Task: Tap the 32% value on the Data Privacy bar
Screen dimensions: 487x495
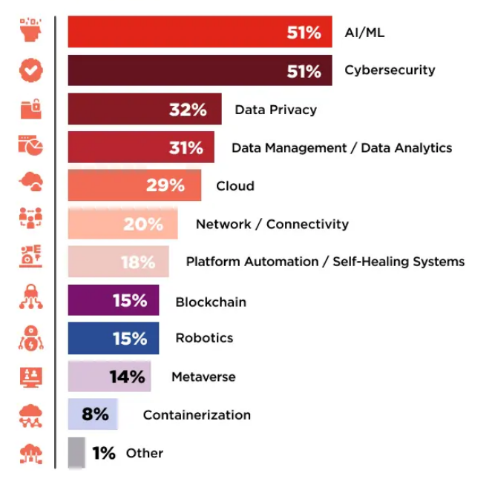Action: coord(188,110)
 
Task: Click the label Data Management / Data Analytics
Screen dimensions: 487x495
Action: coord(341,148)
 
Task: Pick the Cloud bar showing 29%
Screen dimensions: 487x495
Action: coord(134,185)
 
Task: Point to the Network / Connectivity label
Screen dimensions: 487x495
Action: coord(272,224)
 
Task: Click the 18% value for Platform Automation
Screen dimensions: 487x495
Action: coord(138,262)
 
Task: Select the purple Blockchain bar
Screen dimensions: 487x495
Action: coord(113,301)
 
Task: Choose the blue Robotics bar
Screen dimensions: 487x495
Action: coord(113,338)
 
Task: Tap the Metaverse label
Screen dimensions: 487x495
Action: coord(203,377)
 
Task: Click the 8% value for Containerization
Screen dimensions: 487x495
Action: coord(95,414)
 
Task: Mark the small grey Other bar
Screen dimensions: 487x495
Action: coord(76,452)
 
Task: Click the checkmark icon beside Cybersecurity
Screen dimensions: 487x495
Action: coord(30,70)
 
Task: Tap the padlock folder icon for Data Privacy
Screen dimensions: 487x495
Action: coord(30,109)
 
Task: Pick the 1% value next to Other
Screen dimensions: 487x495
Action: coord(104,453)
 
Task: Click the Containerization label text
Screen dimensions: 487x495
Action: coord(197,415)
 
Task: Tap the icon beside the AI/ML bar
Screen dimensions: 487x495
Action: coord(30,32)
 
